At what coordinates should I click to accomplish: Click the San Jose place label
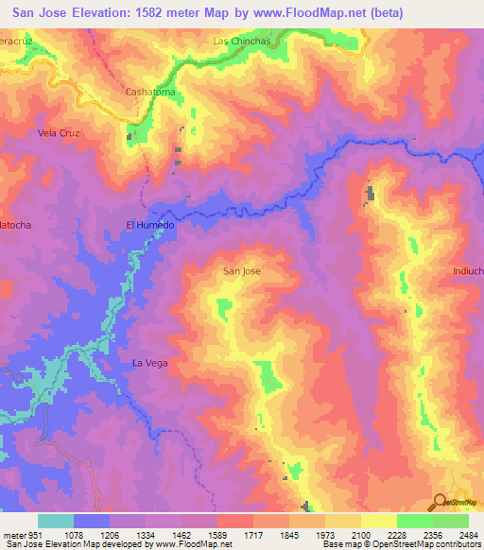click(241, 271)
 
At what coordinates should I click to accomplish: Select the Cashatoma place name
click(151, 92)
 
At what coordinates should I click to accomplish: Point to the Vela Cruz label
click(58, 133)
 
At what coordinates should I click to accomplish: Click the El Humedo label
click(150, 225)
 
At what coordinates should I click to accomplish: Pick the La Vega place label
click(149, 363)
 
